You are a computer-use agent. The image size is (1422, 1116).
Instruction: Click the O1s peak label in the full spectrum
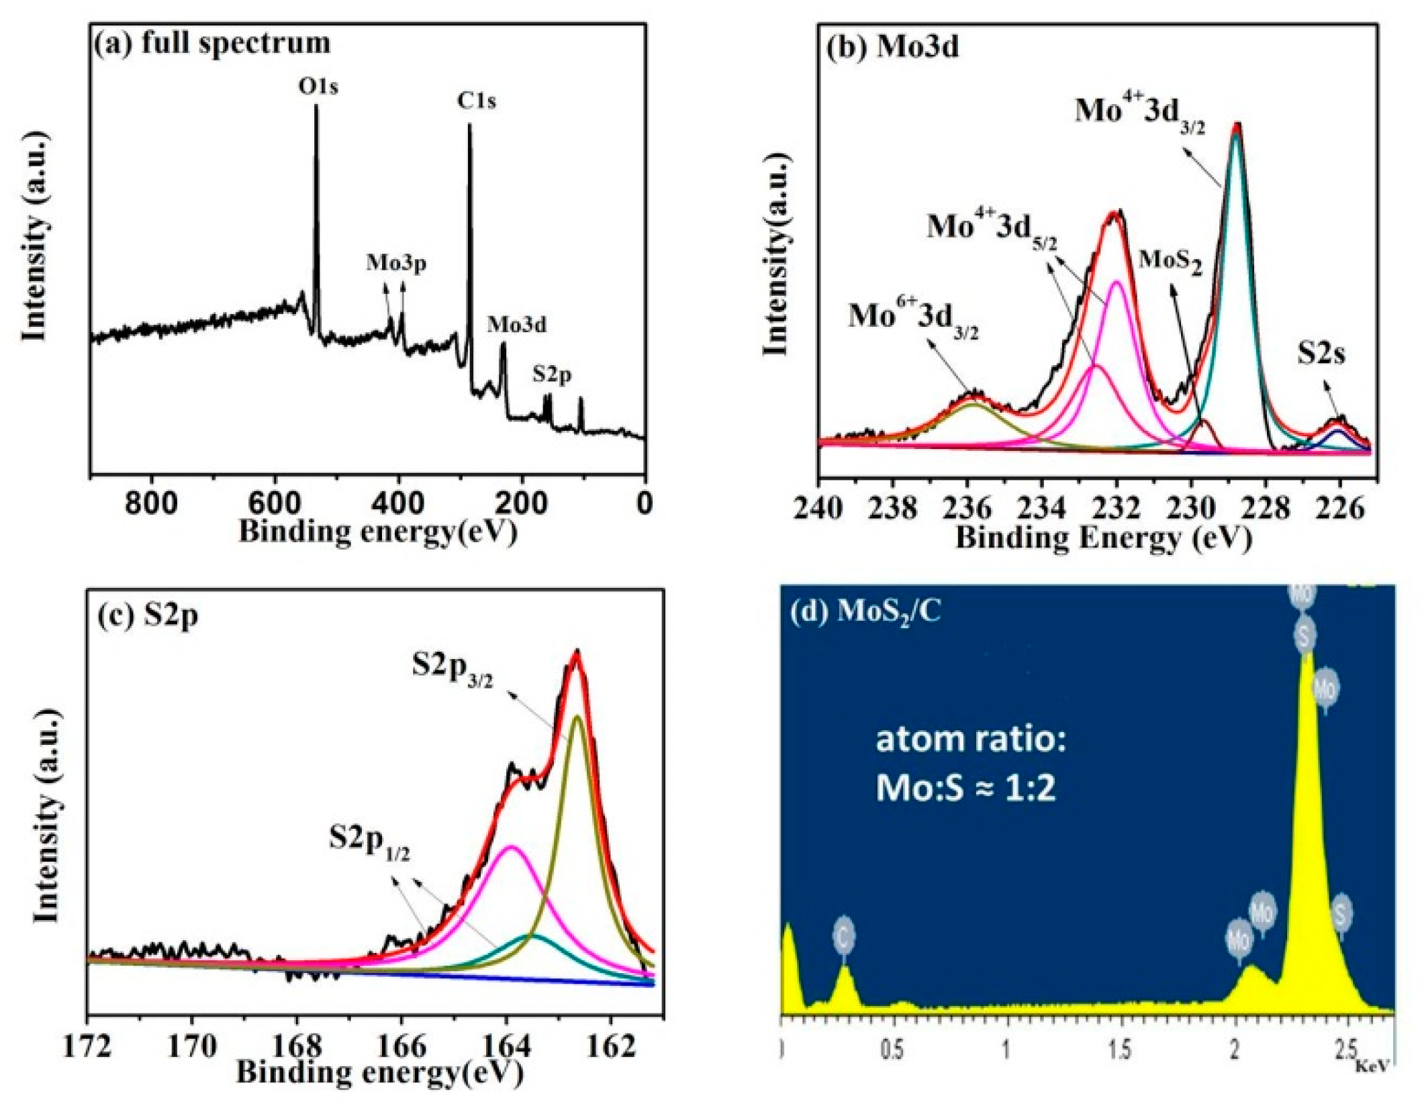(x=318, y=87)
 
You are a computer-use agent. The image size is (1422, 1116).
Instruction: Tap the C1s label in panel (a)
(x=476, y=101)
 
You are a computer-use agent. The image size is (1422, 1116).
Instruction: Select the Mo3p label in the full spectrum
(x=396, y=263)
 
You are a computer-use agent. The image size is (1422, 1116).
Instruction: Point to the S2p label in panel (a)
(x=552, y=374)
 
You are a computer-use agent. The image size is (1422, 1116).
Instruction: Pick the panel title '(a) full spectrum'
(x=213, y=43)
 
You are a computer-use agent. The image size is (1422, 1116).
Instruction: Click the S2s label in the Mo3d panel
(x=1321, y=354)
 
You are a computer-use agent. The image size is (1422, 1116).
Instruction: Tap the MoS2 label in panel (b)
(x=1170, y=261)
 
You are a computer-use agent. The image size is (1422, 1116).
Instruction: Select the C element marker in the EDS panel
(x=844, y=937)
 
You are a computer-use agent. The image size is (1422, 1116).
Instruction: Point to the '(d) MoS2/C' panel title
(x=865, y=612)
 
